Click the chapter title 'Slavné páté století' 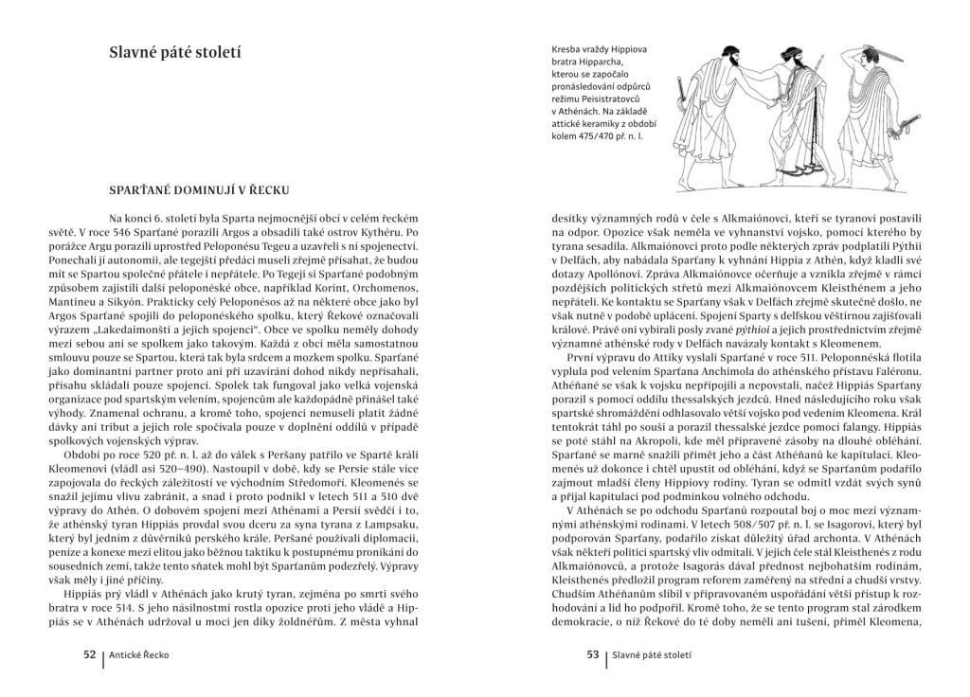(x=175, y=52)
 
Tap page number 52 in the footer (x=90, y=653)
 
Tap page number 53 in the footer (x=593, y=653)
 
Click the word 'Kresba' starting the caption (x=568, y=49)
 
